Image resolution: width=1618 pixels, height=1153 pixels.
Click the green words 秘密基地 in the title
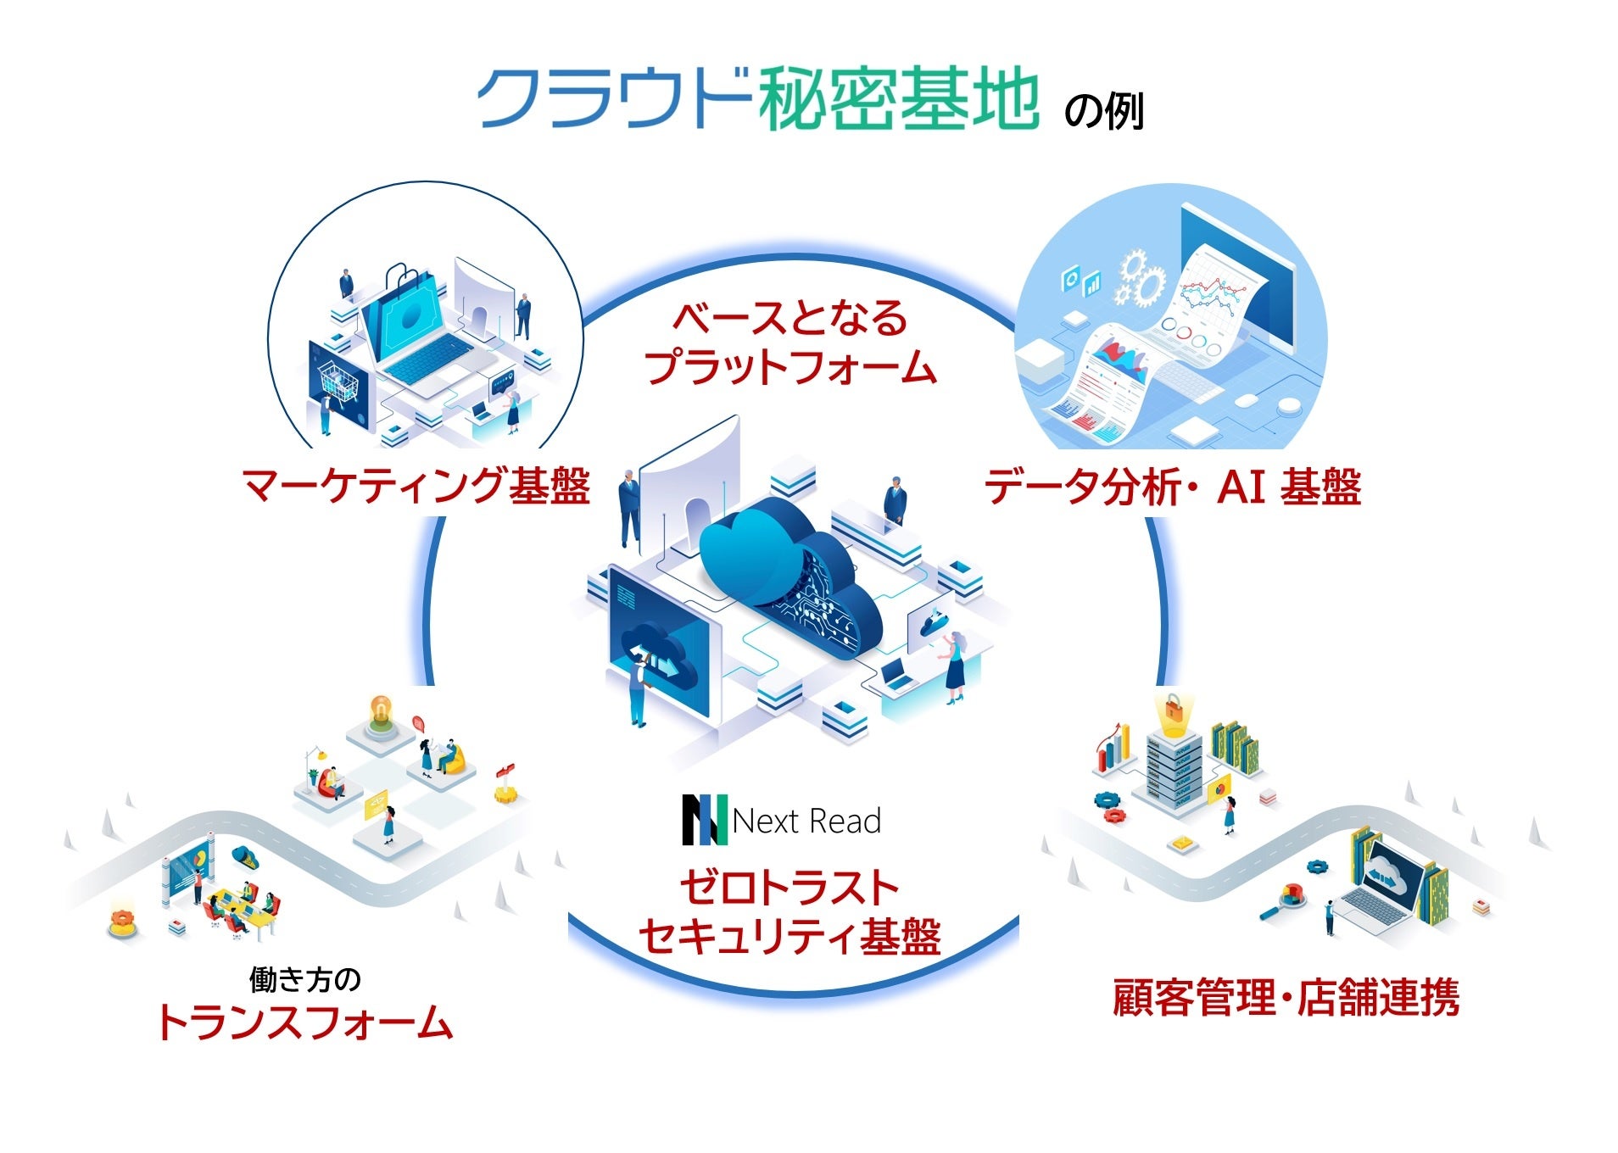899,99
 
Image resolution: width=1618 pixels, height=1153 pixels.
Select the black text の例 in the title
1103,111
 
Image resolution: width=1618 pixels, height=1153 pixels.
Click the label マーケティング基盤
416,487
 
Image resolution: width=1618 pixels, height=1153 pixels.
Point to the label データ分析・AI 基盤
1172,487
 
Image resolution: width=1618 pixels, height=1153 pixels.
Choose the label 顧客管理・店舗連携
1286,997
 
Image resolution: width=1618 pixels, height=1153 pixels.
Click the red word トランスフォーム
304,1022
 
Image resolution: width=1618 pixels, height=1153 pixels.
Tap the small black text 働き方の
305,979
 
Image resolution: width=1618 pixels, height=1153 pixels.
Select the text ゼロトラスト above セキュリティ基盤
789,888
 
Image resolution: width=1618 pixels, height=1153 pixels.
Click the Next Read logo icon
705,820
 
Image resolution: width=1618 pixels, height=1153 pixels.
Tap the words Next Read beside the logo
806,821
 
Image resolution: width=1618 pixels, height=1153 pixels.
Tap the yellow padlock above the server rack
1173,710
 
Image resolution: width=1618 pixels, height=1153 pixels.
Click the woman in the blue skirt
955,666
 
